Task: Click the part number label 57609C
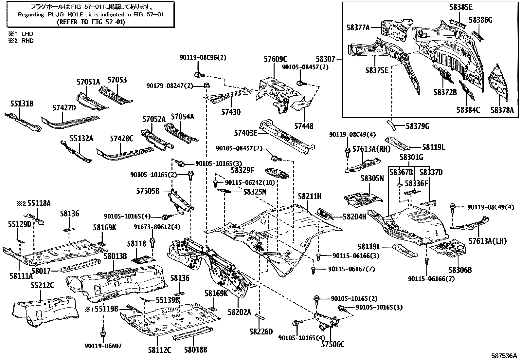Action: (x=275, y=59)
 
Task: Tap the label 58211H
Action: (x=309, y=197)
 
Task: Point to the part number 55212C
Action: (x=42, y=285)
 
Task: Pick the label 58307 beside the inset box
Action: (x=325, y=59)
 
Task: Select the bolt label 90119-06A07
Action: (x=103, y=346)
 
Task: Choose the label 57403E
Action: (x=245, y=133)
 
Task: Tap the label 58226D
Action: (x=261, y=332)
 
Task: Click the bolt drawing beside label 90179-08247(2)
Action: (x=206, y=86)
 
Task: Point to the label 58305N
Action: (x=372, y=179)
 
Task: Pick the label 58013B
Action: (x=115, y=256)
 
